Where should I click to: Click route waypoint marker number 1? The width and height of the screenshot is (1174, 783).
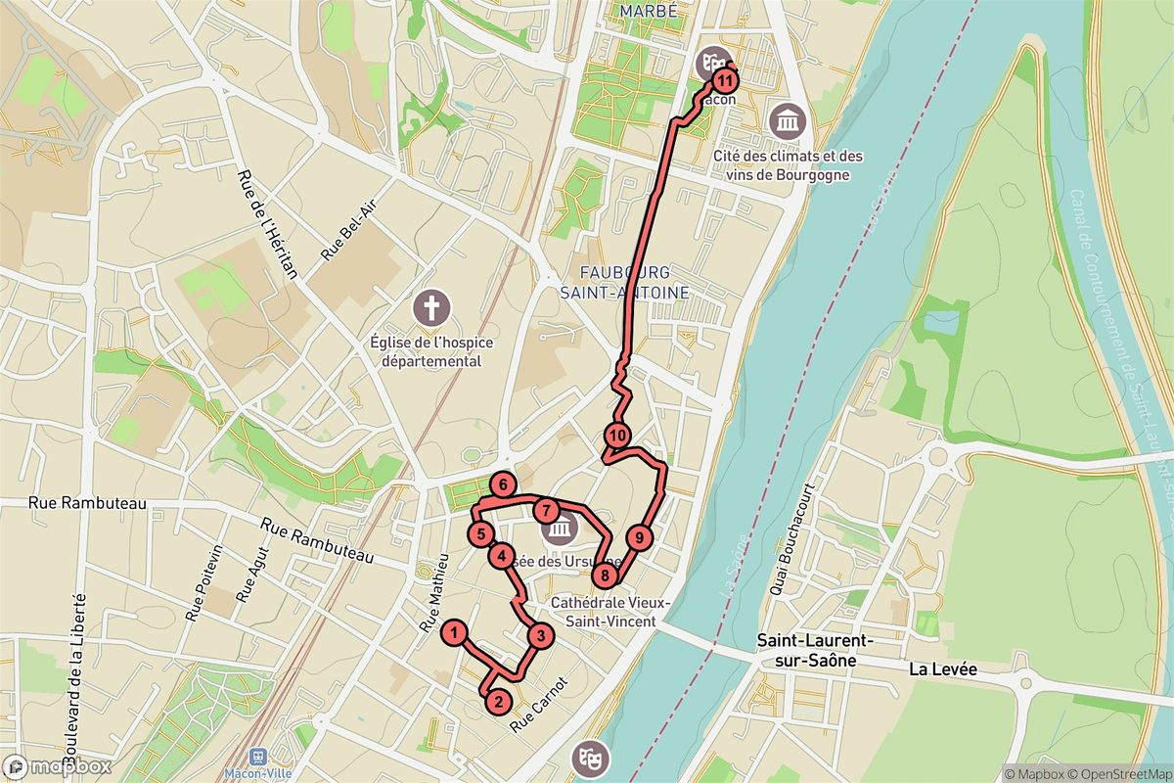coord(454,633)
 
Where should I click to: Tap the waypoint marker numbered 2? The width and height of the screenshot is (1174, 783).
coord(498,701)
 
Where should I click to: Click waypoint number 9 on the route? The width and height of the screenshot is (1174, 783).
coord(638,537)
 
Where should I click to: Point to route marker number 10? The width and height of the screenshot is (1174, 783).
coord(617,436)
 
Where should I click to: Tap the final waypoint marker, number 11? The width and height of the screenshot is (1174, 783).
coord(726,79)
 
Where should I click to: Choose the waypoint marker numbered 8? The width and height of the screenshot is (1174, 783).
coord(606,576)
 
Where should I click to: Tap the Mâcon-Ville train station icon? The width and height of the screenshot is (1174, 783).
coord(259,757)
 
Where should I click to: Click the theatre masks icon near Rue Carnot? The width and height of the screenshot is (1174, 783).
coord(592,757)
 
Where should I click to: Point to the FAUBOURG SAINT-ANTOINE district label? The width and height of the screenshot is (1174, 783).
coord(624,281)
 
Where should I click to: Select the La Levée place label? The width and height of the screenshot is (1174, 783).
coord(943,670)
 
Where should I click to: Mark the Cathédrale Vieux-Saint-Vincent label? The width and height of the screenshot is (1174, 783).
coord(603,612)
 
